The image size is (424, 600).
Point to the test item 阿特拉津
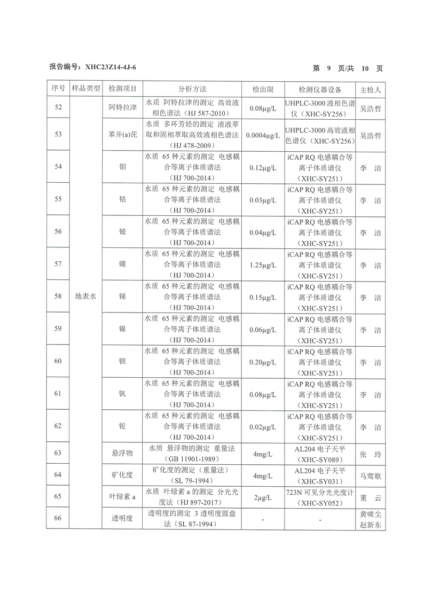coord(122,108)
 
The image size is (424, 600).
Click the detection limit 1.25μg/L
coord(263,266)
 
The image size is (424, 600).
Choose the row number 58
coord(58,297)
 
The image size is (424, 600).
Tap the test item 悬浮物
coord(122,454)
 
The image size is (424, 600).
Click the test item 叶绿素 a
coord(122,497)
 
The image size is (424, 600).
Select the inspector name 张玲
coord(371,454)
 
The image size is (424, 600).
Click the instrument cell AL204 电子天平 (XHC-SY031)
coord(320,475)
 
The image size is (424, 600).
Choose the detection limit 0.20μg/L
coord(263,362)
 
